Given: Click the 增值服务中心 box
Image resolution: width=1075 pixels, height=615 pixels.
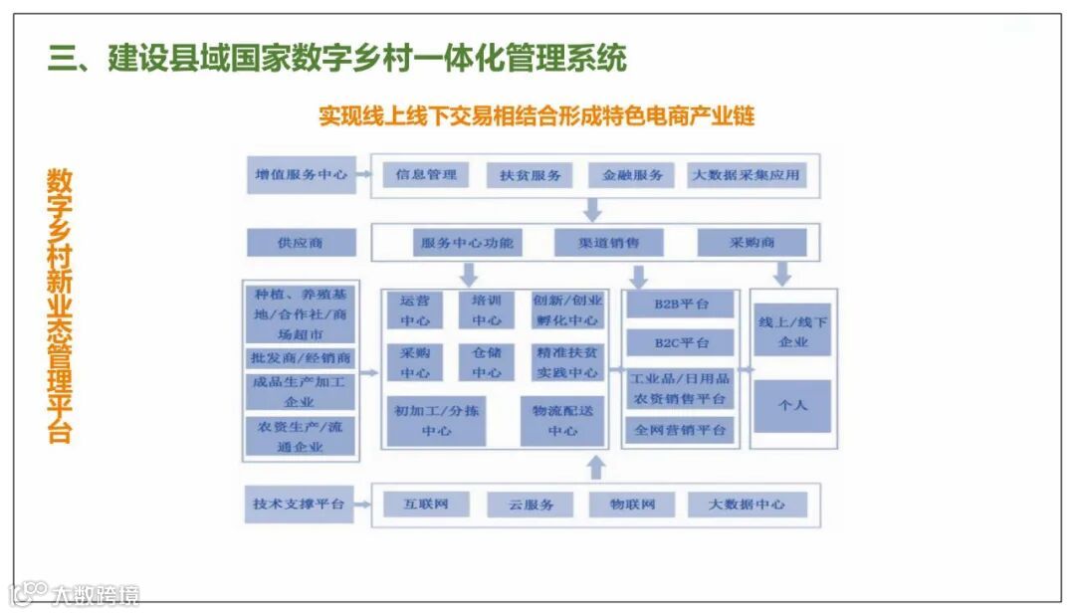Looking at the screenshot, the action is [x=302, y=174].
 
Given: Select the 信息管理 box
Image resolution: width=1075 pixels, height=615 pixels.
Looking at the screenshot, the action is [x=426, y=175].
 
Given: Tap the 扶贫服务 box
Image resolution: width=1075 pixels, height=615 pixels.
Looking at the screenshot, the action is [x=531, y=176].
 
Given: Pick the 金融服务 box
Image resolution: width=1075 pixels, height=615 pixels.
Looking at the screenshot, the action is [x=632, y=175].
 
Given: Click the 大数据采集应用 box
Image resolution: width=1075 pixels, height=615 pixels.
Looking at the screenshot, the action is [x=747, y=175].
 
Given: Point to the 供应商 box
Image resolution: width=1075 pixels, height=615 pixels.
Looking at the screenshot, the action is [x=302, y=242].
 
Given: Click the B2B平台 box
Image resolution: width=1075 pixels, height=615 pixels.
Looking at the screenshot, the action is [x=681, y=304].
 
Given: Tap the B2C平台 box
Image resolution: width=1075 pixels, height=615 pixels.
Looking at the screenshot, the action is [x=681, y=342].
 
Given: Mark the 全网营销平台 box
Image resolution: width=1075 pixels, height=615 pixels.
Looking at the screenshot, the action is [x=681, y=430].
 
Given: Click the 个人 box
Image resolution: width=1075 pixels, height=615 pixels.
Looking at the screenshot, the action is [x=792, y=405].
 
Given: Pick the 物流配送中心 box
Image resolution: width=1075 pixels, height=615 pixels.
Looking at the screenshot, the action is [x=562, y=421].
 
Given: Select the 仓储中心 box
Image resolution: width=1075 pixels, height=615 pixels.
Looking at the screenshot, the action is [x=487, y=362].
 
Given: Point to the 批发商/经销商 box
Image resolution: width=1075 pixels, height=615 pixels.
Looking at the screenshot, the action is [x=301, y=358].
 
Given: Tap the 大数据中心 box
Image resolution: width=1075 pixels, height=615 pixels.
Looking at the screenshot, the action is [x=747, y=505].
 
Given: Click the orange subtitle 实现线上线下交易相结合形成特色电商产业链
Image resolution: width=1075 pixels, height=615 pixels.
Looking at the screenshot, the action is [x=537, y=115].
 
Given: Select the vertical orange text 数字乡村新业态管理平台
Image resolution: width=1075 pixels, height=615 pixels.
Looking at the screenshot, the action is [x=60, y=305].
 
